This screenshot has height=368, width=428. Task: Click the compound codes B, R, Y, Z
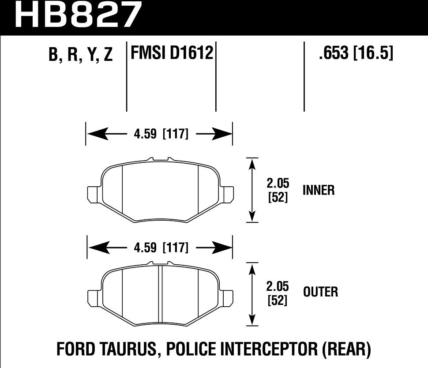pyautogui.click(x=81, y=56)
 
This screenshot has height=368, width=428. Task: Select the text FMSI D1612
pyautogui.click(x=172, y=53)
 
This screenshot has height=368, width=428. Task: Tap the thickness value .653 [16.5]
pyautogui.click(x=355, y=53)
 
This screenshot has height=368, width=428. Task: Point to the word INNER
pyautogui.click(x=319, y=190)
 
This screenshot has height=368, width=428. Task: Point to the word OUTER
pyautogui.click(x=320, y=292)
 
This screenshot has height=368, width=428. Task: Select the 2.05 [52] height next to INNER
pyautogui.click(x=278, y=191)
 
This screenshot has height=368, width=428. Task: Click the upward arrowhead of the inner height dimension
pyautogui.click(x=252, y=164)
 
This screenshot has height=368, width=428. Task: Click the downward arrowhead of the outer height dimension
pyautogui.click(x=252, y=319)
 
